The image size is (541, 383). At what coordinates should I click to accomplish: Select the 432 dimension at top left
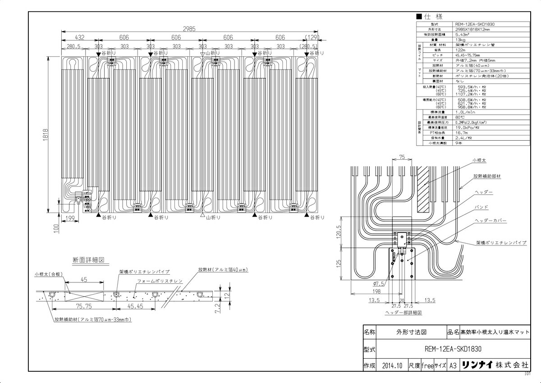pos(79,37)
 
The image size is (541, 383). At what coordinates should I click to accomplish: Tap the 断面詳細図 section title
pos(89,260)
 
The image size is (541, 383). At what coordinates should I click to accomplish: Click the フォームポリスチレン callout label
pos(160,281)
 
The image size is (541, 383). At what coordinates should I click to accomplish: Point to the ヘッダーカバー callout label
pos(491,221)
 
